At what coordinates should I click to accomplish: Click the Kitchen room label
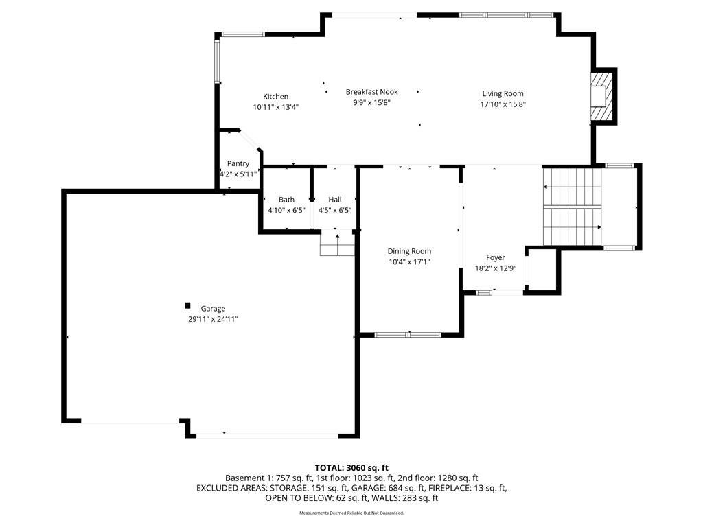point(275,96)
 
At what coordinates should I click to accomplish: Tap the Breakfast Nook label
point(371,92)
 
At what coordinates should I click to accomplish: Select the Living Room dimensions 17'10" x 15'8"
point(503,104)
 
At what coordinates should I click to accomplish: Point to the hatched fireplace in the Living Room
point(601,96)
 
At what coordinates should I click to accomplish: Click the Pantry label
point(238,163)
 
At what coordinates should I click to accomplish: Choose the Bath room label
point(286,200)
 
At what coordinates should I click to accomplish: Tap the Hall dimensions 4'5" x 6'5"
point(335,210)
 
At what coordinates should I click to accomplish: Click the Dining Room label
point(409,251)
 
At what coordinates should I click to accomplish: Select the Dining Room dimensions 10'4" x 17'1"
point(409,262)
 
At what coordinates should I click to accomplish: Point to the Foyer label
point(496,258)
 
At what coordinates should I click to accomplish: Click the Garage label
point(213,309)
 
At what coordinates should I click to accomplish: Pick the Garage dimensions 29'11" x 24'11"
point(213,320)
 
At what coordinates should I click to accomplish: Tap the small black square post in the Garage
point(188,305)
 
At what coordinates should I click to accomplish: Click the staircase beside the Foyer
point(572,207)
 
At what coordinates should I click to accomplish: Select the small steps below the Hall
point(337,244)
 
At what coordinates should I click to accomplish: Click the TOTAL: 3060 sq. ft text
point(351,468)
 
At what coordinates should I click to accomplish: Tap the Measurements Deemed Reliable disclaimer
point(351,513)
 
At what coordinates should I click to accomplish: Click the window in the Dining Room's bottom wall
point(408,335)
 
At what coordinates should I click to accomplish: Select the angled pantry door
point(249,140)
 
